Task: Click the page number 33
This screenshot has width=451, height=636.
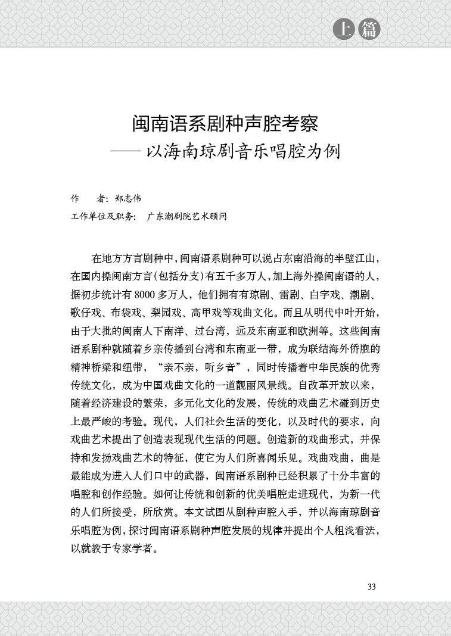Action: click(372, 587)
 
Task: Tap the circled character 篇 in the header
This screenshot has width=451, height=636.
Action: click(369, 29)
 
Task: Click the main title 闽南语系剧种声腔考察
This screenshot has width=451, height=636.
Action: click(225, 124)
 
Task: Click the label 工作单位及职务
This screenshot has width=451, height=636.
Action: click(103, 217)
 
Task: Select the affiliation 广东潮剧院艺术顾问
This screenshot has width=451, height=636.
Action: click(186, 217)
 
